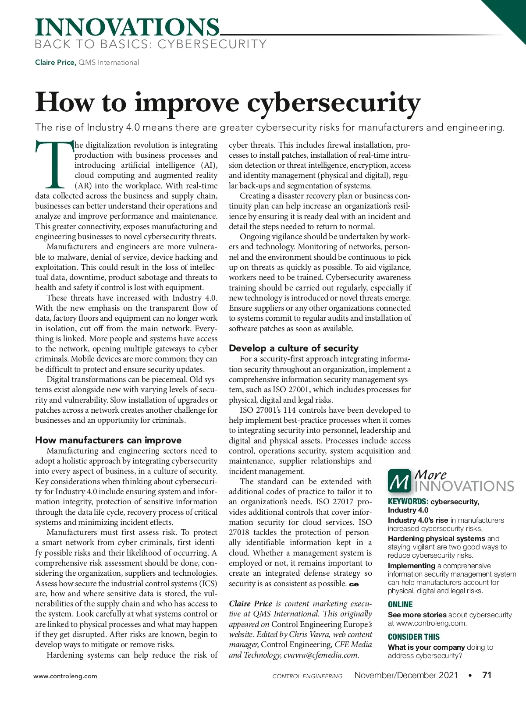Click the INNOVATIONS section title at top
point(127,27)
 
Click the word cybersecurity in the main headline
point(334,103)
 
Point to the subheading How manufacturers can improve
point(108,440)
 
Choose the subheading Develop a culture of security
point(294,348)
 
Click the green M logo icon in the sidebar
point(399,481)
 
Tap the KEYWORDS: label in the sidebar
point(408,502)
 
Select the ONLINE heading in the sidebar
point(400,605)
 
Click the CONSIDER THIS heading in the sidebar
point(414,637)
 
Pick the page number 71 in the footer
point(487,675)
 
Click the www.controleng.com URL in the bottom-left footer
point(65,676)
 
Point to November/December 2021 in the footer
point(406,675)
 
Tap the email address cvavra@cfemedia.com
point(321,655)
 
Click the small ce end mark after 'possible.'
point(354,584)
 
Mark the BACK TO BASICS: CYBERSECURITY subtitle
point(150,44)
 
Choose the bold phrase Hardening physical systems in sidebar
point(436,538)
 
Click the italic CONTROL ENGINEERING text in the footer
point(307,676)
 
